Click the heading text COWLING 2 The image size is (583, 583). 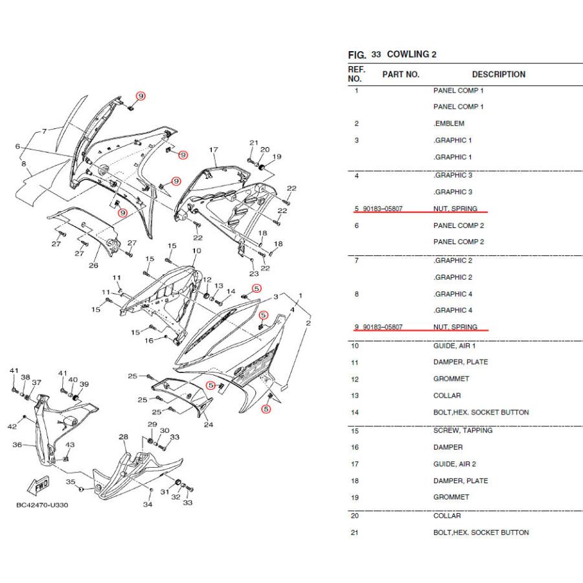[411, 54]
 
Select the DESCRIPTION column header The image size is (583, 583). [498, 74]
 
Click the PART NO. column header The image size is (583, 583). [400, 74]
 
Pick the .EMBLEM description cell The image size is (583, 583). [448, 123]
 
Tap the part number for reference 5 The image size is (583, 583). [383, 209]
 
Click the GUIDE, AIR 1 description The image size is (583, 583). [454, 346]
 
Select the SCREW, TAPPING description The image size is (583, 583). [463, 430]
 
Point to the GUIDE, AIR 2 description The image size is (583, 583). [454, 464]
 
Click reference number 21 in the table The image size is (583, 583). [354, 532]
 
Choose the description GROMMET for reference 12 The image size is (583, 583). [451, 379]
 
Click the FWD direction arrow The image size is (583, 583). [40, 485]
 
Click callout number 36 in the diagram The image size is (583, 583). [17, 445]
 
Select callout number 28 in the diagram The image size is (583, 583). [123, 437]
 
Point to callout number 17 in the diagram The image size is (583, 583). [214, 150]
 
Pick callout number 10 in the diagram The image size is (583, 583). [196, 250]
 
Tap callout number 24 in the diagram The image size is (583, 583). [209, 425]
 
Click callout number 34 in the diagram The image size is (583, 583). [148, 505]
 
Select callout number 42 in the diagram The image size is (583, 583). [12, 426]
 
